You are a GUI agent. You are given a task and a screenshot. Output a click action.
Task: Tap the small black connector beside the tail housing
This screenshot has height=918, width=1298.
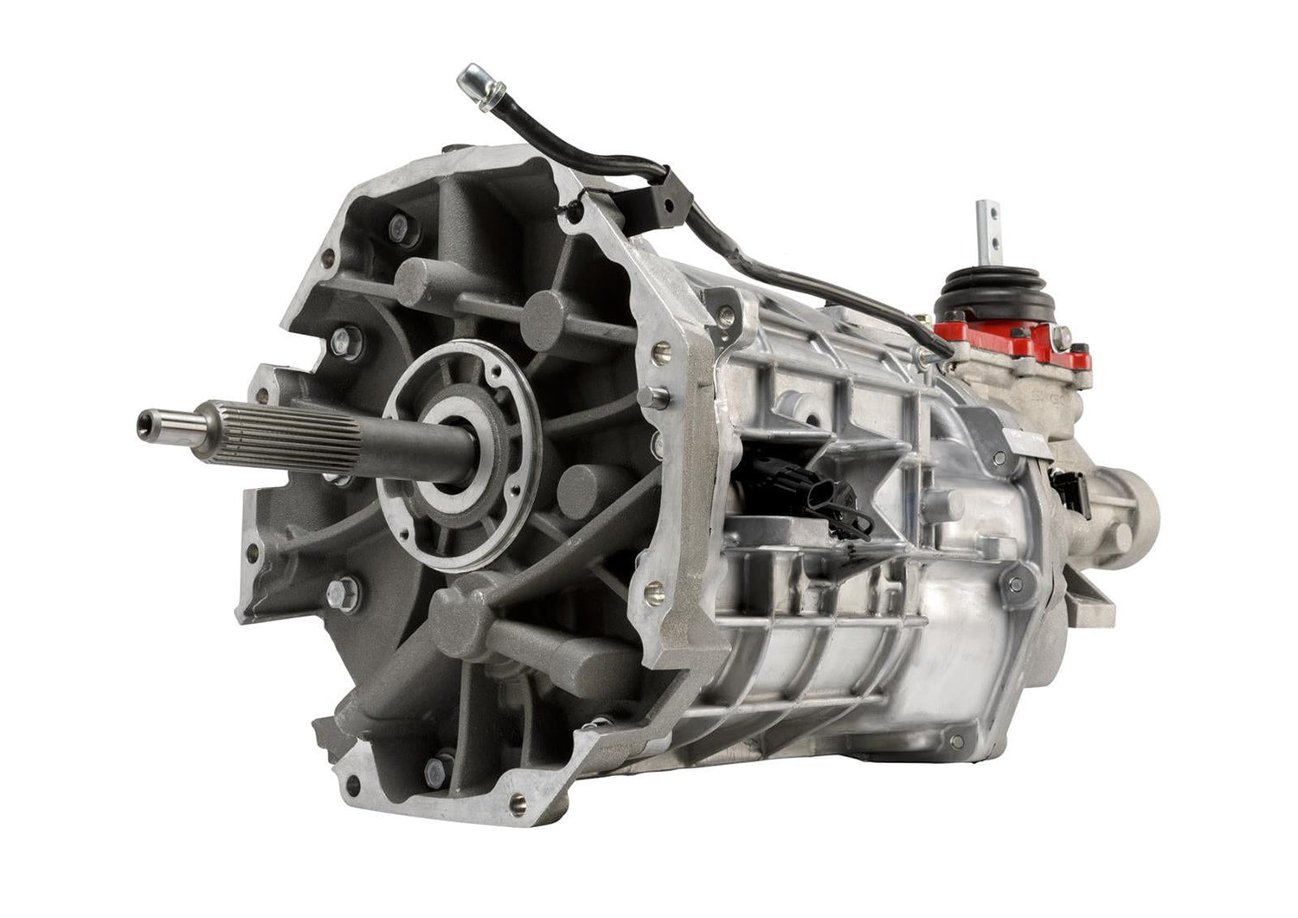point(1065,485)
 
